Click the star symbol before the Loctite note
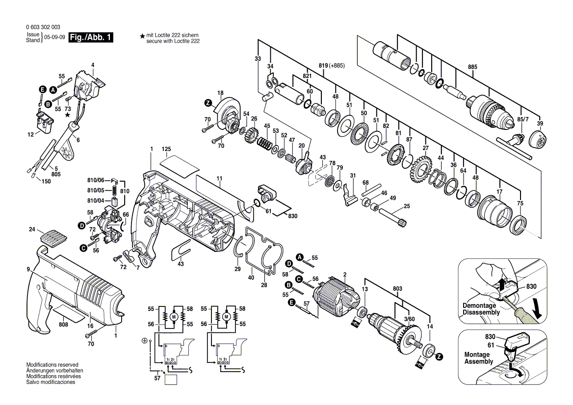[142, 36]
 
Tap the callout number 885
[472, 67]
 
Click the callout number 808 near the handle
[63, 324]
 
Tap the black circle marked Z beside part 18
[208, 103]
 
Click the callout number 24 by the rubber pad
[32, 229]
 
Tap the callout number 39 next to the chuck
[540, 123]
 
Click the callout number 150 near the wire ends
[46, 181]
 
